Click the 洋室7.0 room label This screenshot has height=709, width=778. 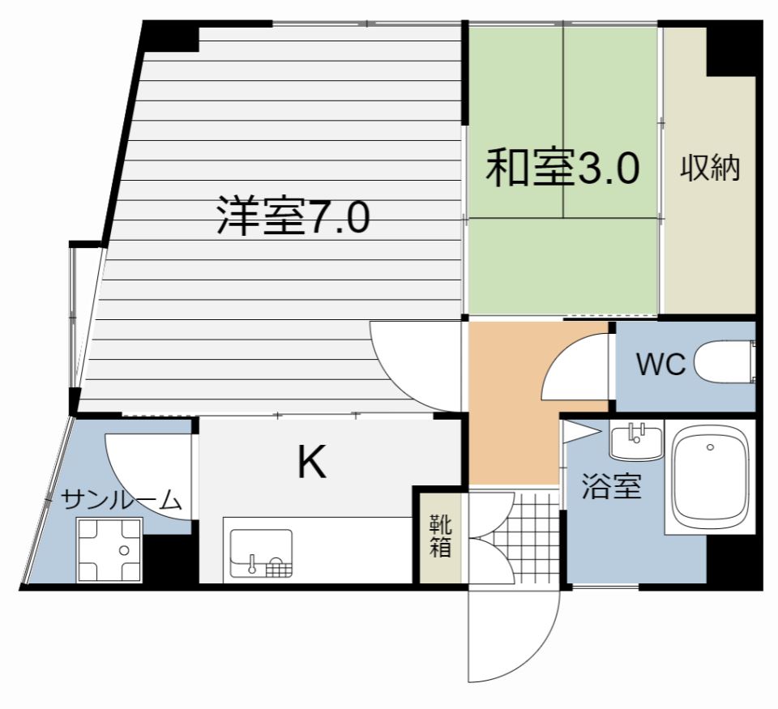pos(293,216)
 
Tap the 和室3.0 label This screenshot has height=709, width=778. pos(562,169)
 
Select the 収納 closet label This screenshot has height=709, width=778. pos(710,169)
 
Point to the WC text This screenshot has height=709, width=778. pos(660,365)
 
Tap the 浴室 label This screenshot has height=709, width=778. pos(612,489)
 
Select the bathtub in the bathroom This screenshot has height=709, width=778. pos(710,479)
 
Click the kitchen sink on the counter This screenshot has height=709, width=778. pos(261,553)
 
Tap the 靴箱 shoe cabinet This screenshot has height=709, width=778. pos(440,535)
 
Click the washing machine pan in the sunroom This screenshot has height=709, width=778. pos(109,549)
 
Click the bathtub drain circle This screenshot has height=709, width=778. pos(710,446)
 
